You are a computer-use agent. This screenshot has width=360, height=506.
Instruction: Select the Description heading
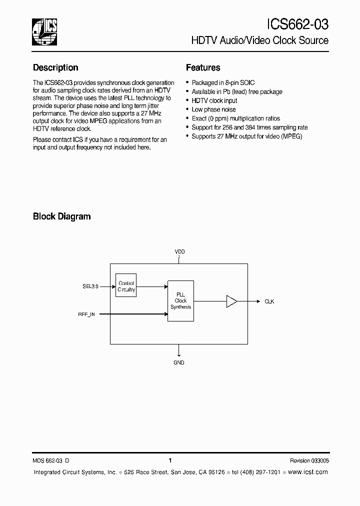[55, 67]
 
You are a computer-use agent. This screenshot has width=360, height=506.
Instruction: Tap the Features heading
[203, 67]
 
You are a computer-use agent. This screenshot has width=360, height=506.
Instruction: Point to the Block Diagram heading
[61, 216]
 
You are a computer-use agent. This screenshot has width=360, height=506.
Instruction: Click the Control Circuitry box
[126, 286]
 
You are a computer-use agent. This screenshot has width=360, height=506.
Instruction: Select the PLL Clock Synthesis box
[180, 301]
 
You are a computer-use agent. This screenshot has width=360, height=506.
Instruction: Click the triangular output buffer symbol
[231, 301]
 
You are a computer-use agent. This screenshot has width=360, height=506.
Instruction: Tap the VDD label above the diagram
[179, 252]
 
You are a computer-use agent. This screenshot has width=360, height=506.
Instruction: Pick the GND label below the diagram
[179, 362]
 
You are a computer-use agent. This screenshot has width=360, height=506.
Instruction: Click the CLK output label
[269, 301]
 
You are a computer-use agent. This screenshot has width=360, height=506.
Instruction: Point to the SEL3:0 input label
[90, 286]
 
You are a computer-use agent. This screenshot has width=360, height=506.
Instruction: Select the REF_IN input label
[86, 314]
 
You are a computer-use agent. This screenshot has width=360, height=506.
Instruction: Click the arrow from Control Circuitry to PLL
[151, 286]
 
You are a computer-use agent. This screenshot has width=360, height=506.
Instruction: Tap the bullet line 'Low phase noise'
[213, 109]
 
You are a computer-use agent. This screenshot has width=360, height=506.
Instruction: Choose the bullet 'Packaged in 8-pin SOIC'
[223, 82]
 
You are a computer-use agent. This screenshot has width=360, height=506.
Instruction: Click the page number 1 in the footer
[170, 460]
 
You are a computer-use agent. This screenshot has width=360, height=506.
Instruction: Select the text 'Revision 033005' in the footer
[309, 460]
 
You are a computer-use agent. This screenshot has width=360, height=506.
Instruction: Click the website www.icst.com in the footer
[308, 472]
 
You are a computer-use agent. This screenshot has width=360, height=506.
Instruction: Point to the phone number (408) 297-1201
[260, 472]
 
